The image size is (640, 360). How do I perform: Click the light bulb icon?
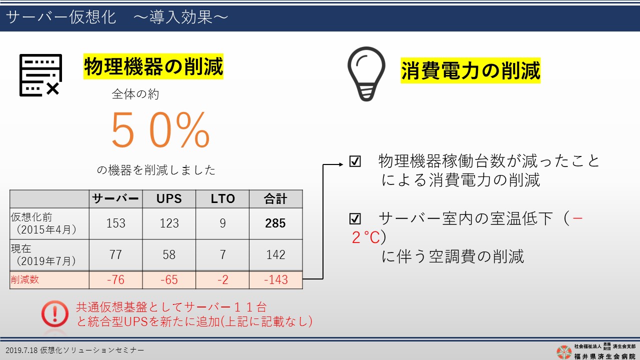[x=366, y=73]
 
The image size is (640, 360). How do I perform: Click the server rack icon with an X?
[x=40, y=75]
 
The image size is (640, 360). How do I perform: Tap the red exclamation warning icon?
[x=55, y=313]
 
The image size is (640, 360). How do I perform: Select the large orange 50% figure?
[x=160, y=130]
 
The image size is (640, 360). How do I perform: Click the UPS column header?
[x=169, y=198]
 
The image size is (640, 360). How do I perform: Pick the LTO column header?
[x=222, y=198]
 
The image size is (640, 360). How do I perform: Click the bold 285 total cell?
[x=275, y=223]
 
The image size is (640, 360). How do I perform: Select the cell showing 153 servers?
[x=115, y=223]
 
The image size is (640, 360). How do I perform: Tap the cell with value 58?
[x=169, y=254]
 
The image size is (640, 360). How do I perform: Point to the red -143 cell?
[x=275, y=279]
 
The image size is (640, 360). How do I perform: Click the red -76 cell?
[x=115, y=279]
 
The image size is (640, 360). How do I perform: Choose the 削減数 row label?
[x=25, y=279]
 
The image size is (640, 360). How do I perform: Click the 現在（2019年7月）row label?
[x=43, y=254]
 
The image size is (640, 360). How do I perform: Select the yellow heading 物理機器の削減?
[x=153, y=66]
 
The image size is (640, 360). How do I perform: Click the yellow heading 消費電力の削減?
[x=470, y=70]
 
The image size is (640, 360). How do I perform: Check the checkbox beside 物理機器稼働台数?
[x=355, y=161]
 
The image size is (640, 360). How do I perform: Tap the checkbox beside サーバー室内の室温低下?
[x=355, y=219]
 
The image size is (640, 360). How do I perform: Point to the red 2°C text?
[x=366, y=237]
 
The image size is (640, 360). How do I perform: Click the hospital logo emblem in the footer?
[x=564, y=352]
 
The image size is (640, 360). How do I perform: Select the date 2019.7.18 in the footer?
[x=21, y=350]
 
